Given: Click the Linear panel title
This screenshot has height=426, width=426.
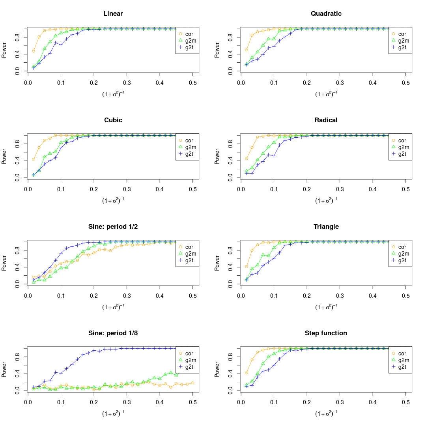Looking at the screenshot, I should click(113, 14).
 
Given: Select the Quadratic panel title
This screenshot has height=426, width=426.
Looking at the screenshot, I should click(326, 14).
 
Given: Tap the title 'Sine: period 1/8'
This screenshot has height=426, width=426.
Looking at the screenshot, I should click(113, 333).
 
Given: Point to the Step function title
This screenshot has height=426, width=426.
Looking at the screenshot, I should click(326, 333).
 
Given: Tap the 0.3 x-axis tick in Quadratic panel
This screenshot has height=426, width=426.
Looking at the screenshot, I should click(340, 83).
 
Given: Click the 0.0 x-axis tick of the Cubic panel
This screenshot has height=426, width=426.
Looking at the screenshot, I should click(28, 189).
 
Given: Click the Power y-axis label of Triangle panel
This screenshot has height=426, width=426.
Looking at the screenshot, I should click(217, 262).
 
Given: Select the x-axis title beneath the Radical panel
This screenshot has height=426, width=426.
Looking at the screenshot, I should click(326, 200).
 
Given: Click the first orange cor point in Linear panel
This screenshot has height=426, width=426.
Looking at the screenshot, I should click(34, 51).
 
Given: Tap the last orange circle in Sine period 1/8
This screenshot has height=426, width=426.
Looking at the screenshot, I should click(192, 383).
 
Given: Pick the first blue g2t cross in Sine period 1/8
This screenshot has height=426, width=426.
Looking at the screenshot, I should click(34, 387).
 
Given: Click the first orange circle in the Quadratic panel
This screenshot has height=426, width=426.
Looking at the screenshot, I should click(247, 50).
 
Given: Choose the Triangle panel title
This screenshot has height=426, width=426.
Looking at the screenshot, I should click(326, 227).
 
